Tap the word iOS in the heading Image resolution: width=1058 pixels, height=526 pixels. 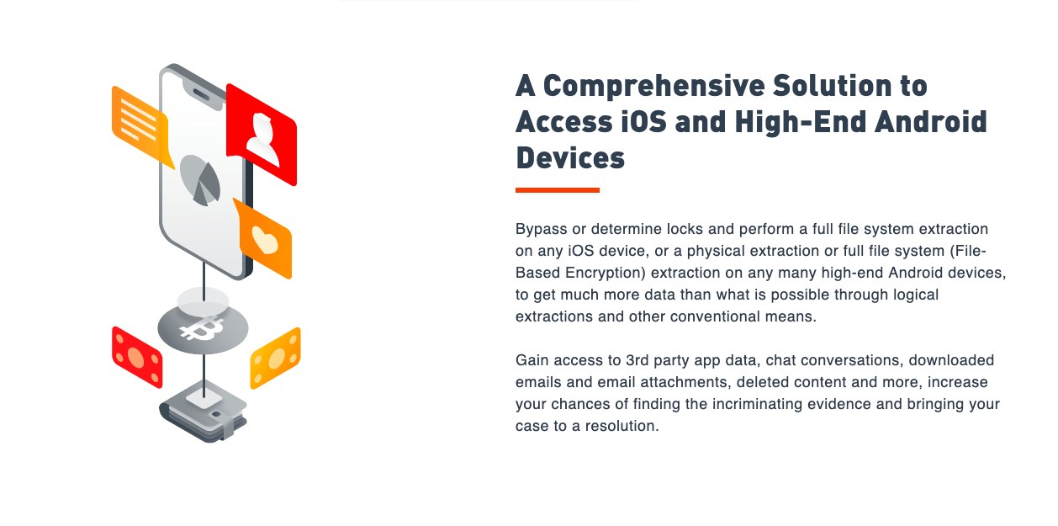pos(643,121)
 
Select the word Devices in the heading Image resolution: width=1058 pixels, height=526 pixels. pos(570,158)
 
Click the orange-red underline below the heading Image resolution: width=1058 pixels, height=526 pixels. pos(558,190)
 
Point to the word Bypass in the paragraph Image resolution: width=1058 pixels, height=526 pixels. pos(542,229)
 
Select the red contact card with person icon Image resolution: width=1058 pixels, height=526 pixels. pos(262,135)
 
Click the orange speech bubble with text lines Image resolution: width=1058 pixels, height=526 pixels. pos(140,125)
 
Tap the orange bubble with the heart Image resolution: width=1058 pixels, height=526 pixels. pos(264,239)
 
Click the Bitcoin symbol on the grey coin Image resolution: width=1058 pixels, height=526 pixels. pos(202,329)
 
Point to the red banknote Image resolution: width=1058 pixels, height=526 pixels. pos(137,358)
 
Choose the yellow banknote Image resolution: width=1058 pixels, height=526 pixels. pos(275,359)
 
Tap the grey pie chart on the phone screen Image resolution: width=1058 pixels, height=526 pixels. pos(200,180)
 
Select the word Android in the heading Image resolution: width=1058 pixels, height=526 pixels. pos(931,121)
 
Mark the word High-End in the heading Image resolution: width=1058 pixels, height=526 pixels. pos(800,121)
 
